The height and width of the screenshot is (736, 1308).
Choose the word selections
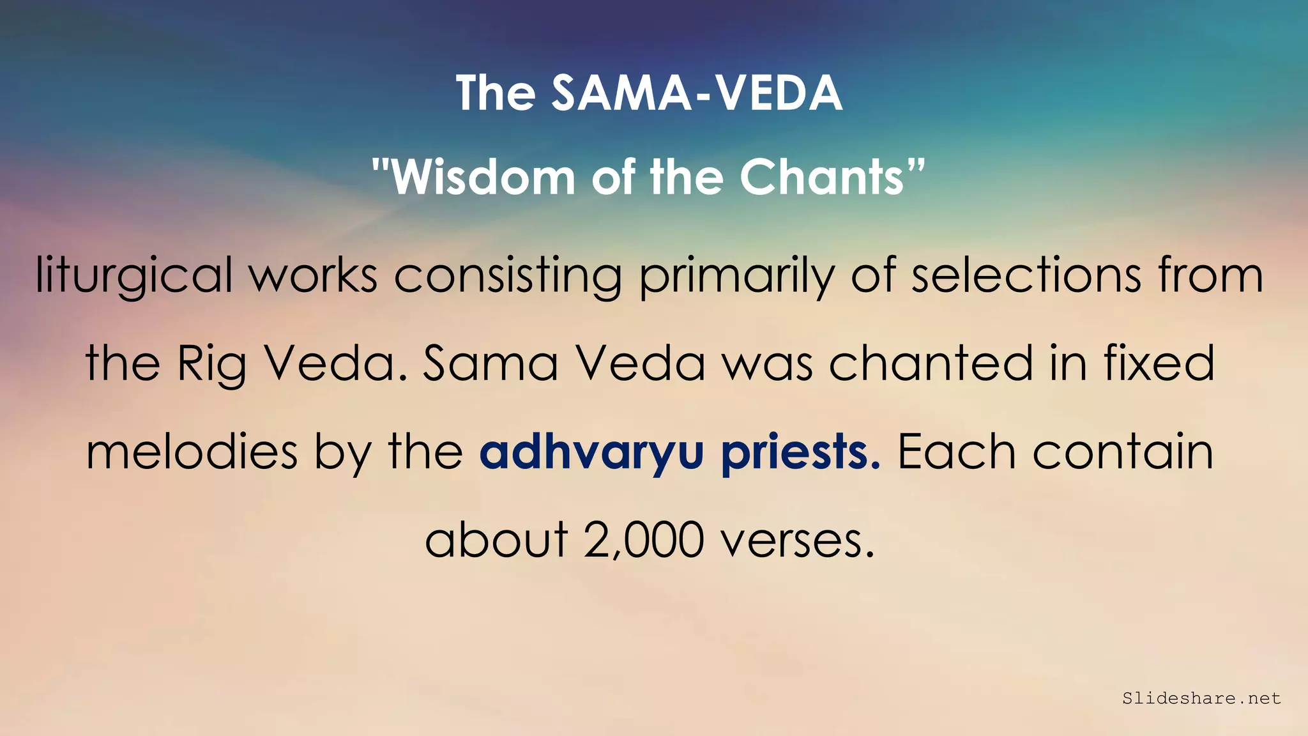point(1026,275)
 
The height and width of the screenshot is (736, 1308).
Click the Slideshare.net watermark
point(1201,698)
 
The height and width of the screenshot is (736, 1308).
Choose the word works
point(314,275)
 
